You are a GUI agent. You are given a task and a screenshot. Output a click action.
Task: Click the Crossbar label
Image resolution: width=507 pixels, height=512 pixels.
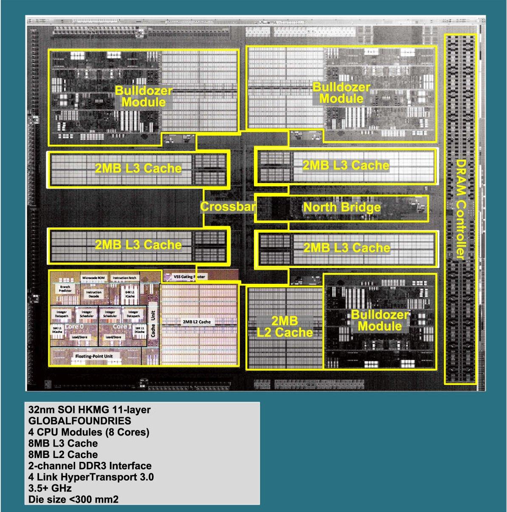pyautogui.click(x=228, y=207)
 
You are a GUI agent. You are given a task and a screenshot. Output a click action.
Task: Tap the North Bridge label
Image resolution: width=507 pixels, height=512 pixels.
pyautogui.click(x=341, y=207)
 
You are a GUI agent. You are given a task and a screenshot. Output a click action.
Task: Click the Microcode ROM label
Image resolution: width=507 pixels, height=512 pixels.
pyautogui.click(x=93, y=277)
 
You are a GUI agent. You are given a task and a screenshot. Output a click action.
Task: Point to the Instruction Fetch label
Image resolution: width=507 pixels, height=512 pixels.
pyautogui.click(x=124, y=278)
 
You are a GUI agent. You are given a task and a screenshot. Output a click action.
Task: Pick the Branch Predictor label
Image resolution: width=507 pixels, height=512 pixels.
pyautogui.click(x=65, y=289)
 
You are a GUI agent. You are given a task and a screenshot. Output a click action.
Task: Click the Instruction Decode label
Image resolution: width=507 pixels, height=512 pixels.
pyautogui.click(x=94, y=294)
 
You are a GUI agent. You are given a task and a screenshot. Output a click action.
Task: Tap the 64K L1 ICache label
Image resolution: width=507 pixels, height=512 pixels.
pyautogui.click(x=130, y=294)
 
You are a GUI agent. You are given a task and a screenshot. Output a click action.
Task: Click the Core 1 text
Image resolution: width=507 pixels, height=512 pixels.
pyautogui.click(x=120, y=326)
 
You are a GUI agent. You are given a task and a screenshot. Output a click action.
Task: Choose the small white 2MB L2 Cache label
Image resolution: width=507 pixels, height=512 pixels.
pyautogui.click(x=197, y=322)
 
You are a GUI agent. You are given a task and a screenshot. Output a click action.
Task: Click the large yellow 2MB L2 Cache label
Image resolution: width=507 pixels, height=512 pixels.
pyautogui.click(x=284, y=326)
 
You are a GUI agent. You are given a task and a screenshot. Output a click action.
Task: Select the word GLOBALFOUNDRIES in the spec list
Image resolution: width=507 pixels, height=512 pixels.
pyautogui.click(x=79, y=421)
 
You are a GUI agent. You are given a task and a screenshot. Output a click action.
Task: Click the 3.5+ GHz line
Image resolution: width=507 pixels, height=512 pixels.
pyautogui.click(x=50, y=488)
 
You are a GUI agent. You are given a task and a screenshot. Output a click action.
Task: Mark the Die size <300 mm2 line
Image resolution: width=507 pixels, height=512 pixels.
pyautogui.click(x=73, y=499)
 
